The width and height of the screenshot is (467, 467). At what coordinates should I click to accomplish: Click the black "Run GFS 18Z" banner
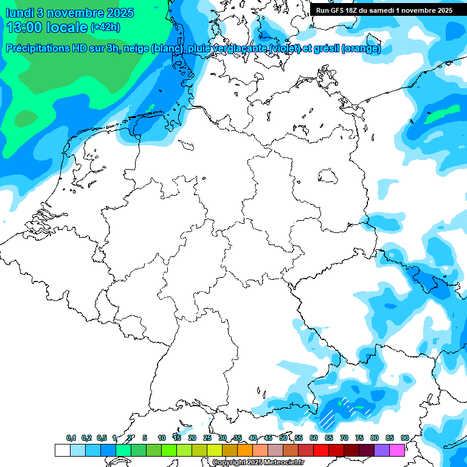[x=384, y=10]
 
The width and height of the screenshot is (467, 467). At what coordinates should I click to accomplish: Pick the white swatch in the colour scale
[x=62, y=450]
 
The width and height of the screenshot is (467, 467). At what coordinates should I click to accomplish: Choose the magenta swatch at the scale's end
[x=397, y=450]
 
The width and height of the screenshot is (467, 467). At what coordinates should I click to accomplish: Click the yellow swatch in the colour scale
[x=214, y=450]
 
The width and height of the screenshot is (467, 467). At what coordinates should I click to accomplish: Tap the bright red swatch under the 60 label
[x=320, y=450]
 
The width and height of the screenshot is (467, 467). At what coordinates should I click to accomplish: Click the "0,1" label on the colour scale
[x=71, y=438]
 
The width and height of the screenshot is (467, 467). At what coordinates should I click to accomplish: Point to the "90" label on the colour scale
[x=404, y=438]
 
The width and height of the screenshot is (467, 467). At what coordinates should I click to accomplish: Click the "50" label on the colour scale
[x=283, y=438]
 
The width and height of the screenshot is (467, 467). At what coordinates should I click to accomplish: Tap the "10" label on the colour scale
[x=162, y=438]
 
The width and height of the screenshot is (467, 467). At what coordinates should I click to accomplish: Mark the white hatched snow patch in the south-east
[x=328, y=418]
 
